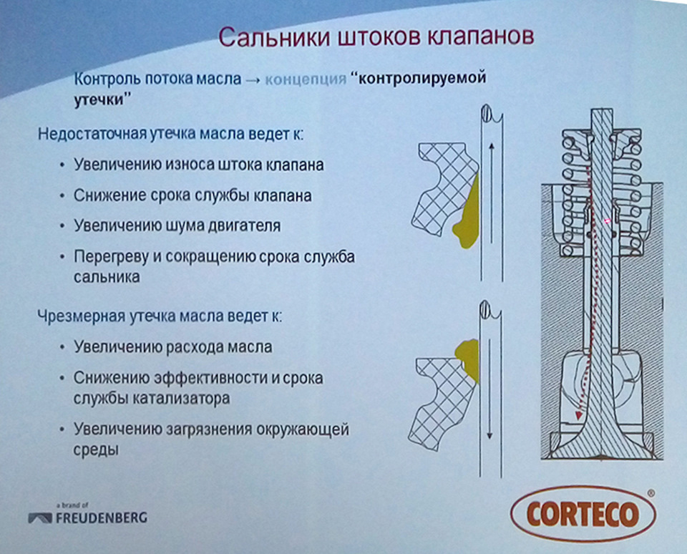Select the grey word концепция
pyautogui.click(x=306, y=79)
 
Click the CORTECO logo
pyautogui.click(x=583, y=513)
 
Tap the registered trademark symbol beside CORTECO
pyautogui.click(x=650, y=494)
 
